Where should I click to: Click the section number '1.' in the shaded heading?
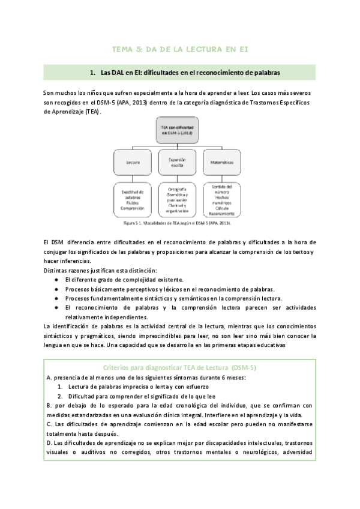pyautogui.click(x=93, y=73)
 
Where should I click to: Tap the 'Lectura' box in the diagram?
pyautogui.click(x=133, y=161)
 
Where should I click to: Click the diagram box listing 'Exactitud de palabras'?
pyautogui.click(x=133, y=200)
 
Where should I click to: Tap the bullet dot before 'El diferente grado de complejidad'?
pyautogui.click(x=56, y=280)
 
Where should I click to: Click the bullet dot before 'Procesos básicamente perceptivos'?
pyautogui.click(x=56, y=289)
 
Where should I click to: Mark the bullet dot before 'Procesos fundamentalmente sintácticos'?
pyautogui.click(x=56, y=298)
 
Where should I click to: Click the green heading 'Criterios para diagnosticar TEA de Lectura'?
pyautogui.click(x=180, y=367)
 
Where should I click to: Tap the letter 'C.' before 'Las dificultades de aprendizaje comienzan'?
pyautogui.click(x=48, y=424)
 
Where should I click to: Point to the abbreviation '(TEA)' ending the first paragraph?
pyautogui.click(x=91, y=112)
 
